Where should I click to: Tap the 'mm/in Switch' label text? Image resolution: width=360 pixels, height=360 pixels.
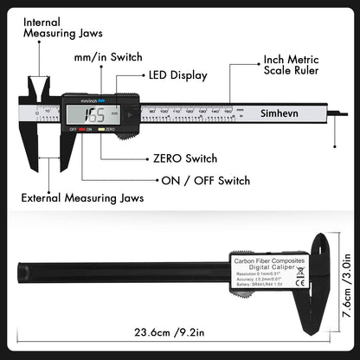107,59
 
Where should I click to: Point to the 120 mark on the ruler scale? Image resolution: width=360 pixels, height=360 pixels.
189,111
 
